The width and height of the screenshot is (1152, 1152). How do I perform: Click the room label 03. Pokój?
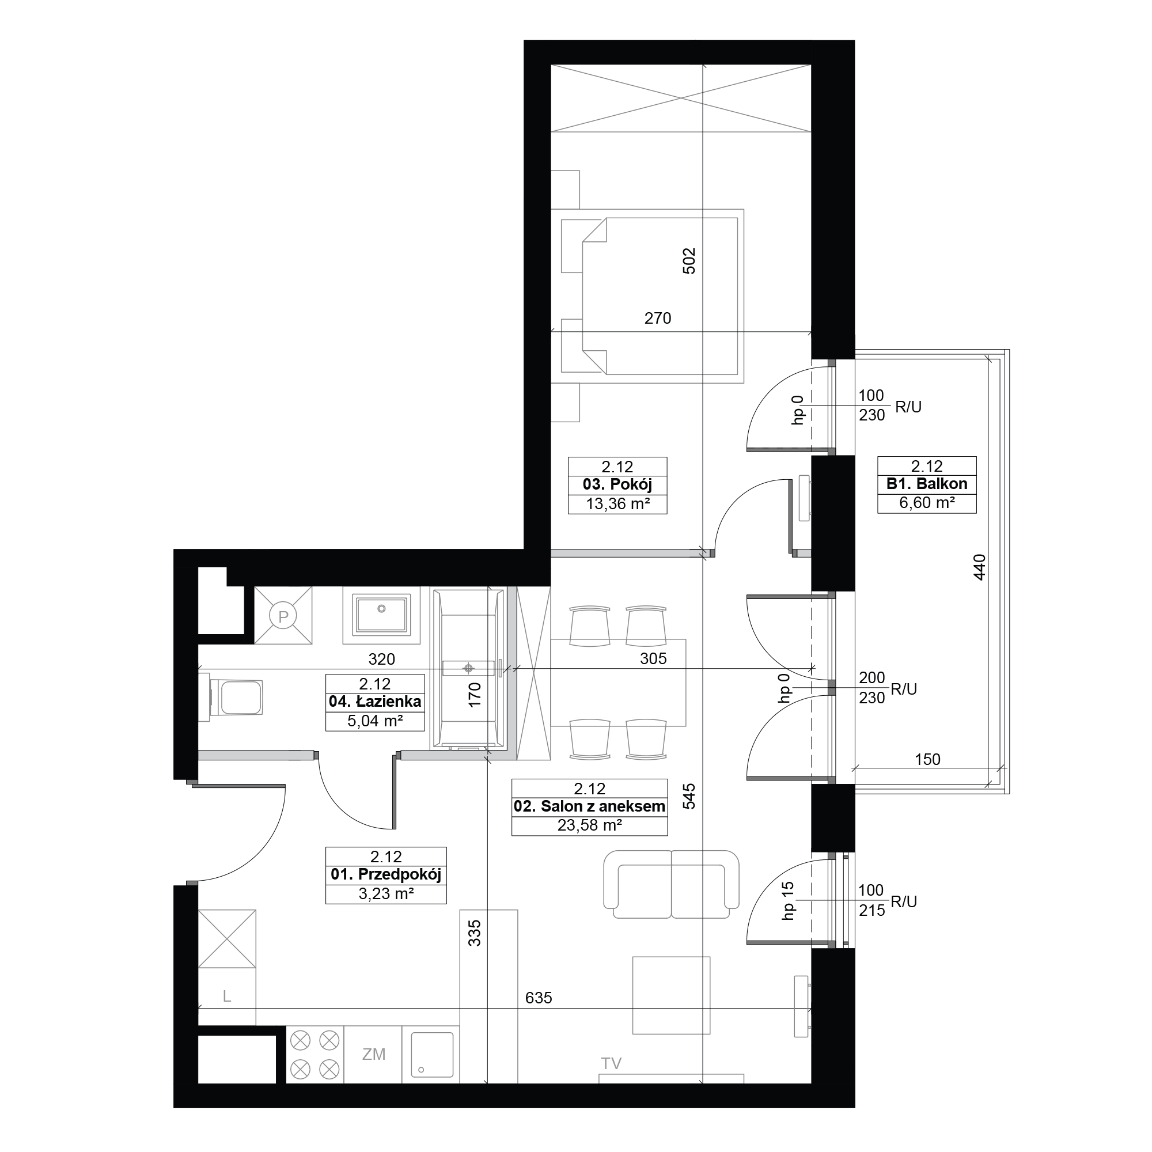pos(617,485)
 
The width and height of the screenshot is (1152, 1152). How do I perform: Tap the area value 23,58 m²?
pos(590,825)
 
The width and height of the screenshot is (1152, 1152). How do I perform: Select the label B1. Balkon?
pos(927,484)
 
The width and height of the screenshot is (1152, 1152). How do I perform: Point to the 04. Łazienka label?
pos(375,701)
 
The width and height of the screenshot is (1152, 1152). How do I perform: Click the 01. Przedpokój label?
pos(386,875)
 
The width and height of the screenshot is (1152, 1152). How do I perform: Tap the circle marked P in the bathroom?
pos(283,615)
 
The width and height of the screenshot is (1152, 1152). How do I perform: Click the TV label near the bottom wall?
pos(611,1063)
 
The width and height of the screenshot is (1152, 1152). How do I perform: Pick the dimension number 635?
pos(539,998)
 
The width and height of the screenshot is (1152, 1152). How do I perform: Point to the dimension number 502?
pos(689,260)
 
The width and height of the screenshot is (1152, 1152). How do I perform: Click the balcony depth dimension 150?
pos(927,759)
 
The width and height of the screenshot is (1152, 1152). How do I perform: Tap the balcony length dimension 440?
pos(979,567)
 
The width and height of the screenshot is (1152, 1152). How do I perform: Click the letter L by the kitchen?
pos(226,996)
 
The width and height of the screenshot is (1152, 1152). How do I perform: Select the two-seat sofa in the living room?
pos(671,885)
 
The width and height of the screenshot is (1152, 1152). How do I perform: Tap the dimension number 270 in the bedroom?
pos(658,319)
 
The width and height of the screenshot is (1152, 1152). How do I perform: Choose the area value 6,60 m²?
pos(927,503)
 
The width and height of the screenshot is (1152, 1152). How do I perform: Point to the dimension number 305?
pos(653,658)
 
